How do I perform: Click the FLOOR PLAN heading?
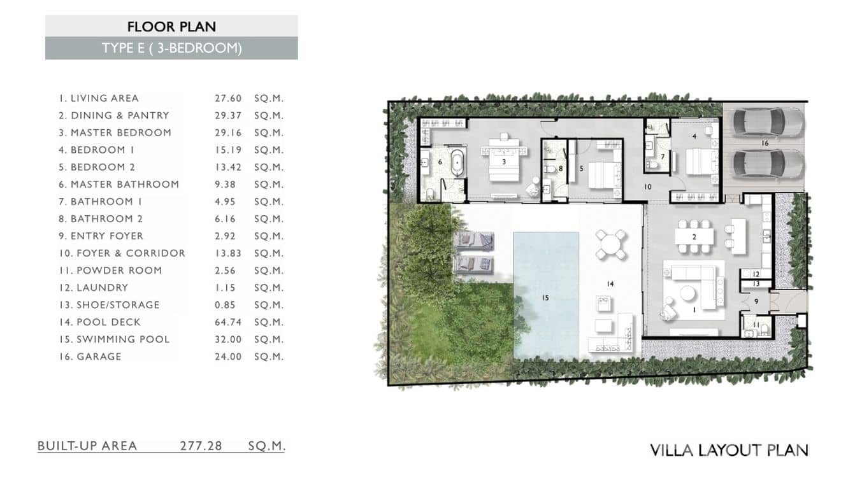[171, 26]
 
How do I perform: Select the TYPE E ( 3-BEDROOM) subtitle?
[171, 48]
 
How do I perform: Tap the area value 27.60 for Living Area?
[228, 98]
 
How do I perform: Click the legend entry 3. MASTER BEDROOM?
[115, 132]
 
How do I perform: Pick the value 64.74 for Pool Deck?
[228, 322]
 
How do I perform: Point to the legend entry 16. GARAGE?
[90, 356]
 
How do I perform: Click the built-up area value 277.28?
[201, 446]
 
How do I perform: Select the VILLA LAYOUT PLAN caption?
[729, 450]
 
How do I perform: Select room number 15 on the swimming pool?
[545, 297]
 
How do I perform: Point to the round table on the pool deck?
[611, 243]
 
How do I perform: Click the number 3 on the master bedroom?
[504, 162]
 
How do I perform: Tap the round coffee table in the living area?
[686, 293]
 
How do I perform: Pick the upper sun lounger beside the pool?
[474, 241]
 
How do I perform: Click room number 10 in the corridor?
[648, 187]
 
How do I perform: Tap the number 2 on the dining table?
[694, 237]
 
